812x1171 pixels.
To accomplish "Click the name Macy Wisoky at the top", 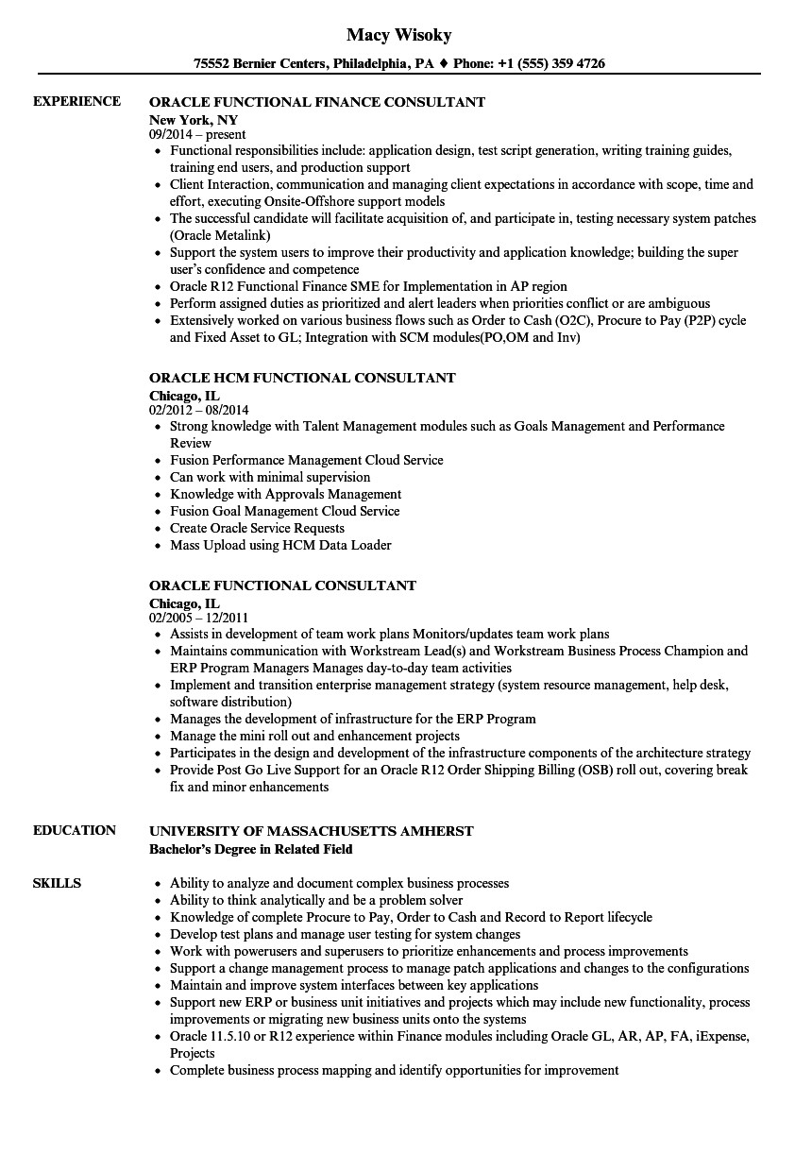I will click(x=398, y=35).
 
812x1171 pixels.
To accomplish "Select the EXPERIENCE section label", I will click(x=76, y=101).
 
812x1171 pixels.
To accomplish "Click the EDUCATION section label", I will click(x=75, y=830).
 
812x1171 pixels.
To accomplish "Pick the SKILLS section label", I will click(x=57, y=883).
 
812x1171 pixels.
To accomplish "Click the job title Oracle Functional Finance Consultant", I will click(x=317, y=101).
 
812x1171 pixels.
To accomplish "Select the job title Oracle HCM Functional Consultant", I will click(x=302, y=378).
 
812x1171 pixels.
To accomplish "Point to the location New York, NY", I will click(x=194, y=120).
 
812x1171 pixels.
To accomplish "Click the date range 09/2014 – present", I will click(x=197, y=135).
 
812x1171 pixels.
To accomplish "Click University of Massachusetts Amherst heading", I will click(x=312, y=831).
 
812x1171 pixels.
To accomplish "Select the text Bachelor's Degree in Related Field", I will click(x=251, y=849).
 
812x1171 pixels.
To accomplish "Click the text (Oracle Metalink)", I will click(x=220, y=236).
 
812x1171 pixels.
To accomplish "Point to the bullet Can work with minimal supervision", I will click(x=270, y=477).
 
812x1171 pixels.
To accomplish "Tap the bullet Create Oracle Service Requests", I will click(x=257, y=528).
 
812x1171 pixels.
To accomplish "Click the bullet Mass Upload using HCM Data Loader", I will click(x=280, y=545).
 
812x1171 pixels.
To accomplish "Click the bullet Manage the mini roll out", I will click(x=314, y=736).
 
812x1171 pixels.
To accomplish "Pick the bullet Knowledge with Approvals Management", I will click(x=285, y=494).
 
